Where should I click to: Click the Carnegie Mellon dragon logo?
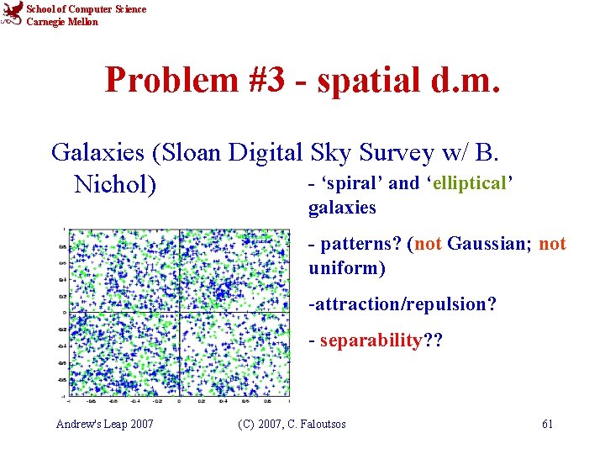click(13, 15)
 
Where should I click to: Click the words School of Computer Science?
click(86, 9)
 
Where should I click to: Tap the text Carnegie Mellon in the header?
click(62, 22)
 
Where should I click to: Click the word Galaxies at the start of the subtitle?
click(97, 152)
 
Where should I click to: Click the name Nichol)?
click(115, 183)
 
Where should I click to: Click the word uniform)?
click(347, 268)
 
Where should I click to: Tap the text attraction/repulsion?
click(402, 304)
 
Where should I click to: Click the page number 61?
click(547, 424)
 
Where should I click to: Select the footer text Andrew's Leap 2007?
click(105, 424)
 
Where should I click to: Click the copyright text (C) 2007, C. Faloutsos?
click(292, 424)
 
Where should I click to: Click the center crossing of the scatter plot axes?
click(181, 313)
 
